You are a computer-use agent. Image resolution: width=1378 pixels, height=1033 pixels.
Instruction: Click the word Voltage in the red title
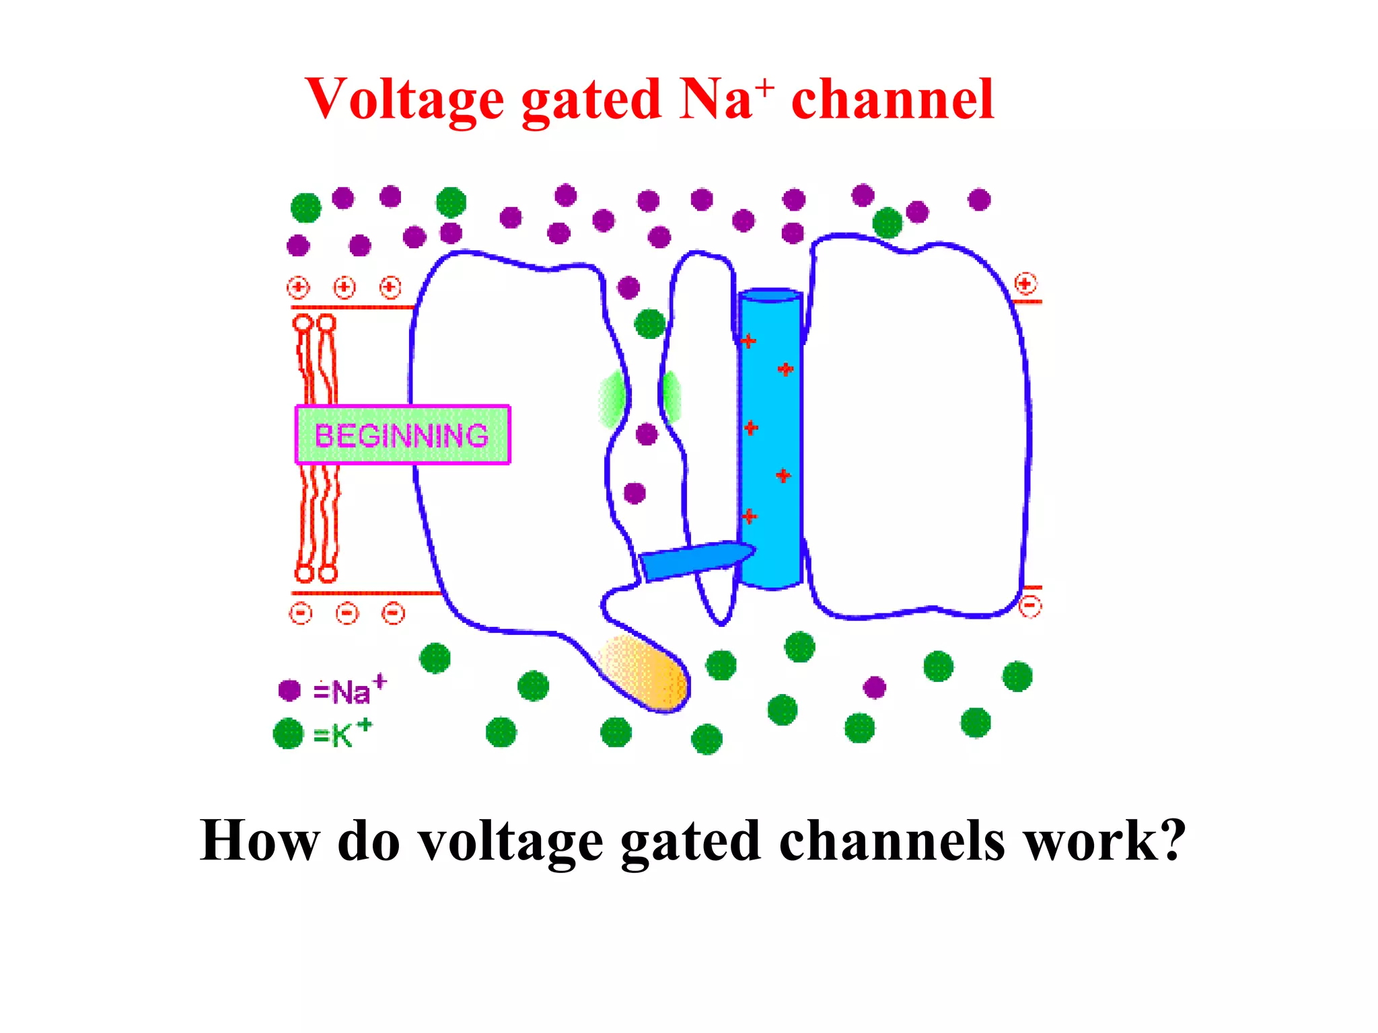pyautogui.click(x=404, y=100)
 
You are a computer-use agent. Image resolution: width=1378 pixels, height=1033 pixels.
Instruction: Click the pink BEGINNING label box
pyautogui.click(x=402, y=435)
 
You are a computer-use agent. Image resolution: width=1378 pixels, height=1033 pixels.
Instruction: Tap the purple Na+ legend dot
pyautogui.click(x=289, y=690)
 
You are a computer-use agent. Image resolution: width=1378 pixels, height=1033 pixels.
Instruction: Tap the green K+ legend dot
pyautogui.click(x=289, y=733)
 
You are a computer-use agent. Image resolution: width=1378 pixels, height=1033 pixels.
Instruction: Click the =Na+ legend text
pyautogui.click(x=349, y=691)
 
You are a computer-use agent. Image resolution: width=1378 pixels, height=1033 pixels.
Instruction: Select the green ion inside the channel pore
pyautogui.click(x=650, y=324)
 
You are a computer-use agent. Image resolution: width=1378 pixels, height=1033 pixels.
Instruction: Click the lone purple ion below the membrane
pyautogui.click(x=874, y=687)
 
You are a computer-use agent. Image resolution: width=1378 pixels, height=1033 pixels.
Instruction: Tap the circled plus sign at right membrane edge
pyautogui.click(x=1025, y=284)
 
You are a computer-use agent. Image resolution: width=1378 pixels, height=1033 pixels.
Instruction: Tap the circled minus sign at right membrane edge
pyautogui.click(x=1030, y=606)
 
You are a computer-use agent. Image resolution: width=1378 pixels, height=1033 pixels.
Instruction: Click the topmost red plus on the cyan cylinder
pyautogui.click(x=748, y=342)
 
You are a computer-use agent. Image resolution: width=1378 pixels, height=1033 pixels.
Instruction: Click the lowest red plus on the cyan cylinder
pyautogui.click(x=750, y=516)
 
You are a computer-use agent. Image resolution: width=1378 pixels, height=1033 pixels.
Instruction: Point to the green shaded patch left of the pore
pyautogui.click(x=612, y=398)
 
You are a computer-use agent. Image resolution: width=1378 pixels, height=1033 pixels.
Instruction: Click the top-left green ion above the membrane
pyautogui.click(x=306, y=207)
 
